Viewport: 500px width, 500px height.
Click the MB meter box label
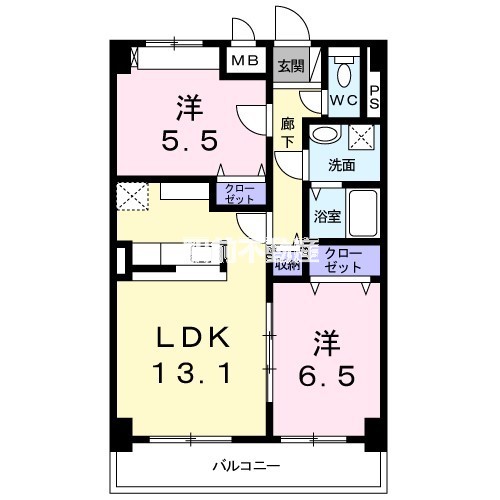coord(245,61)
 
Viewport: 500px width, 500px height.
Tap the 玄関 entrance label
coord(290,66)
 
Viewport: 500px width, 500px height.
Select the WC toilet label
coord(343,100)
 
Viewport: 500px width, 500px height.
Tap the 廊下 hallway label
coord(287,133)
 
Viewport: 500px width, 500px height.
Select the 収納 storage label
coord(287,263)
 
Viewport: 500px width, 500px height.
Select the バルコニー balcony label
coord(244,465)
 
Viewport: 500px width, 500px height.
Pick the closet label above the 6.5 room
coord(345,260)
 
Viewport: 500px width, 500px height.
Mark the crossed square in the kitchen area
coord(131,196)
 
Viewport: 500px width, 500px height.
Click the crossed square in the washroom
coord(363,138)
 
